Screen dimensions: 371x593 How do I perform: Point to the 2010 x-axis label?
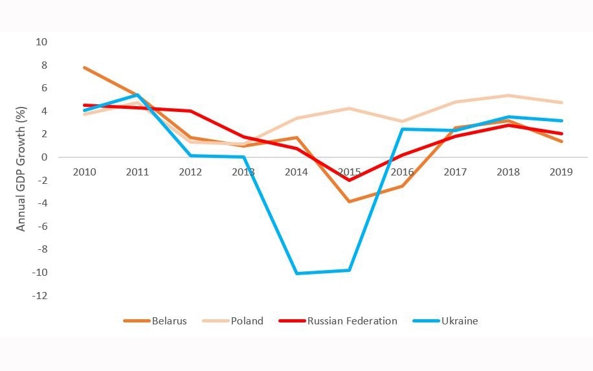(85, 172)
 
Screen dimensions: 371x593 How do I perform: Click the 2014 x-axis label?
(297, 172)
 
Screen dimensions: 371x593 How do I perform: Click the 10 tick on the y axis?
(42, 42)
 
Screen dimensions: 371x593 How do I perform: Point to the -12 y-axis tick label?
(41, 296)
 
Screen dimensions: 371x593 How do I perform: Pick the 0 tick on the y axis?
(45, 157)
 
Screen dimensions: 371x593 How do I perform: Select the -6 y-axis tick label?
(42, 227)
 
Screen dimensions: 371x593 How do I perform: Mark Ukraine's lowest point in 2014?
(297, 273)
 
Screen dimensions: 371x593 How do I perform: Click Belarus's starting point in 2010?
(85, 67)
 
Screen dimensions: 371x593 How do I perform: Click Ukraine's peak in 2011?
(138, 95)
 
